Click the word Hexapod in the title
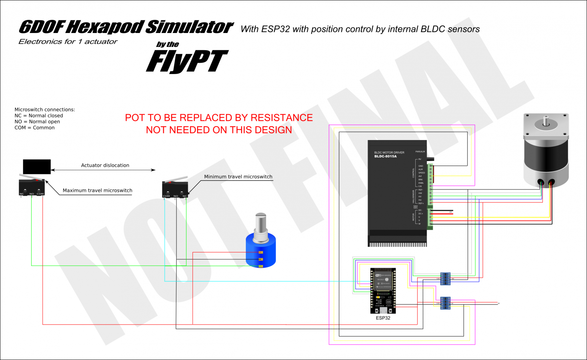[x=106, y=27]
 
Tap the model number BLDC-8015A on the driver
[x=385, y=157]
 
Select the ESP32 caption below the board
[x=383, y=318]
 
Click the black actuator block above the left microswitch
[x=37, y=167]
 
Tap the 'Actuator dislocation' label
[x=105, y=165]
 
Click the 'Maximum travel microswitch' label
[x=97, y=190]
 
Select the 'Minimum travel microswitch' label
[x=238, y=177]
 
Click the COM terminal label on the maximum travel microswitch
[x=40, y=194]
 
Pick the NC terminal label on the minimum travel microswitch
[x=185, y=196]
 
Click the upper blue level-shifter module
[x=445, y=279]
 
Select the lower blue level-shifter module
[x=445, y=303]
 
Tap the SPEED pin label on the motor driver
[x=422, y=173]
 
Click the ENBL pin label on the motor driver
[x=421, y=183]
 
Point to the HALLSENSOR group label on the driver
[x=413, y=196]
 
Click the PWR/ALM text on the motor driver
[x=420, y=151]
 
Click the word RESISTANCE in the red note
[x=282, y=118]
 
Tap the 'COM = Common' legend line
[x=34, y=128]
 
